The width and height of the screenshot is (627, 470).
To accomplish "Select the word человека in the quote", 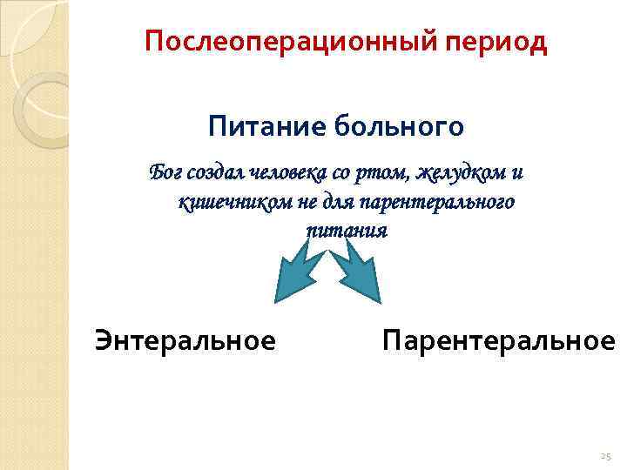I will (289, 172).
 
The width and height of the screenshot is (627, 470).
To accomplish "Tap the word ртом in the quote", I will (383, 172).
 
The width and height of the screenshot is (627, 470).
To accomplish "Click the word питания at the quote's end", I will (346, 231).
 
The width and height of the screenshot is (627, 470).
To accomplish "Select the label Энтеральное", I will (185, 340).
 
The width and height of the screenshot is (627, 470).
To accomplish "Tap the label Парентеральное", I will (497, 340).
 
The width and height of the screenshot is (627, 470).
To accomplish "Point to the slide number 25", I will (606, 456).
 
